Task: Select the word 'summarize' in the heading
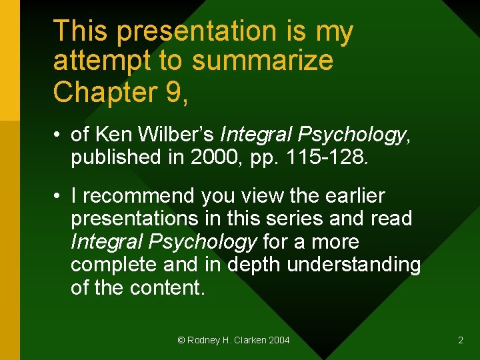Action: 262,61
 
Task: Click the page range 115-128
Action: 326,157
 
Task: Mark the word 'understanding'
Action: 354,265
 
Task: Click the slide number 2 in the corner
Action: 460,340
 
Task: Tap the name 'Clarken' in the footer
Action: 250,340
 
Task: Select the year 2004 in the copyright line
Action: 279,340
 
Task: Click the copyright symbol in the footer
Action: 181,340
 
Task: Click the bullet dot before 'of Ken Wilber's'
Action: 59,135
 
